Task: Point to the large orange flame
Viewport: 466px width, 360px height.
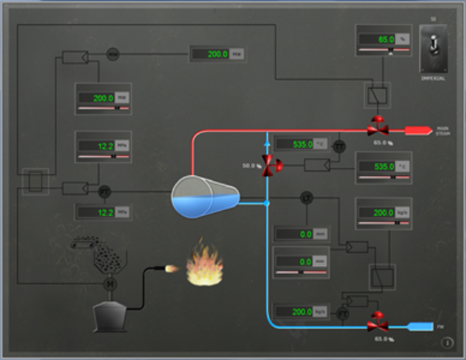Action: click(204, 266)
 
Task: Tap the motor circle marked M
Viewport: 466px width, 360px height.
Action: click(110, 284)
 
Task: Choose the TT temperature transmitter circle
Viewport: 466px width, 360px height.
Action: click(339, 146)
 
